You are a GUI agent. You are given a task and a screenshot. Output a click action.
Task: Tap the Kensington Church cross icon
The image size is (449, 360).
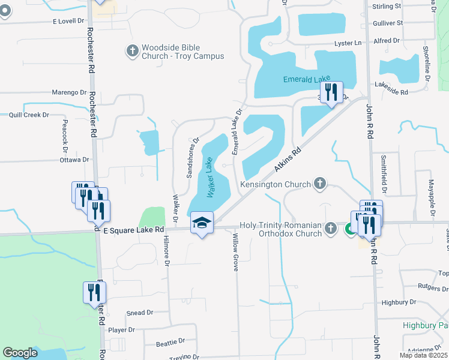pyautogui.click(x=320, y=184)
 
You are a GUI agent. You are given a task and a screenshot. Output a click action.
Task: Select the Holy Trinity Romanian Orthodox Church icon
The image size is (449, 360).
pyautogui.click(x=330, y=228)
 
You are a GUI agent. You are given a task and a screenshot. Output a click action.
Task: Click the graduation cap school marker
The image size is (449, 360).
pyautogui.click(x=202, y=224)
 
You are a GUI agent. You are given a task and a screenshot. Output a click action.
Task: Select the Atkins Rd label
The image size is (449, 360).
pyautogui.click(x=287, y=160)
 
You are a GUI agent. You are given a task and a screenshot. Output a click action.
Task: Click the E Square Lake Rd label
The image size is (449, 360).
pyautogui.click(x=134, y=230)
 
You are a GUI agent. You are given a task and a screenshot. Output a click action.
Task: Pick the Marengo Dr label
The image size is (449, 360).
pyautogui.click(x=69, y=92)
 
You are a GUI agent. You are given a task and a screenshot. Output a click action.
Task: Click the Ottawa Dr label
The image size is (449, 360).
pyautogui.click(x=74, y=160)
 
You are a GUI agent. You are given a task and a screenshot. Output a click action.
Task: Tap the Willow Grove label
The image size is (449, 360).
pyautogui.click(x=235, y=252)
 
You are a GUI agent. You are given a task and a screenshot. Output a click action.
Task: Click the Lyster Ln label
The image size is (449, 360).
pyautogui.click(x=348, y=43)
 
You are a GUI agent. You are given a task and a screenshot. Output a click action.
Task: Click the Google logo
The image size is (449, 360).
pyautogui.click(x=20, y=353)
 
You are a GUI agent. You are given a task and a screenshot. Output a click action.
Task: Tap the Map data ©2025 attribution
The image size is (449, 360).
pyautogui.click(x=423, y=355)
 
